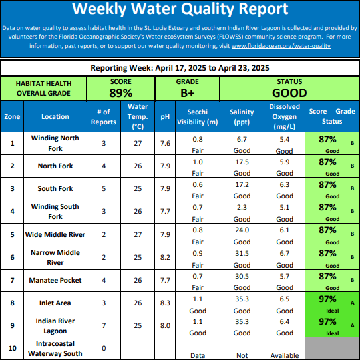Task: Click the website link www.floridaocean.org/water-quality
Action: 281,46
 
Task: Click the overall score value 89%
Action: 120,93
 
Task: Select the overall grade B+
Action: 188,93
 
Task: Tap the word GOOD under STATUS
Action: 289,93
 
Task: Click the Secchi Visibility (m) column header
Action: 198,117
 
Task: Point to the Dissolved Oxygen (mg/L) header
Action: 284,117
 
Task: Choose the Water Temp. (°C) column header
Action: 138,117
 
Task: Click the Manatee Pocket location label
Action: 55,280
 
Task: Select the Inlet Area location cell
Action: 55,303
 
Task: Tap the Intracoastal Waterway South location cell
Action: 55,348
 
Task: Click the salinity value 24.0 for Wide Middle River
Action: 242,230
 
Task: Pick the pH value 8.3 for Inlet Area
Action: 165,303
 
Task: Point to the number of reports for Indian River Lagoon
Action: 104,325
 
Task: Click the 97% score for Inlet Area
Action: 327,299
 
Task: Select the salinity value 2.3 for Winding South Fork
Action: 242,207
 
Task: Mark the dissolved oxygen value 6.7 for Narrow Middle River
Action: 284,253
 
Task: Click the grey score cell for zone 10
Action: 332,348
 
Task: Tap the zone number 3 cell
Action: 12,188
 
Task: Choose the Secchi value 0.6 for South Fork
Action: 198,184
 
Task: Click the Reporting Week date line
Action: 180,68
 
